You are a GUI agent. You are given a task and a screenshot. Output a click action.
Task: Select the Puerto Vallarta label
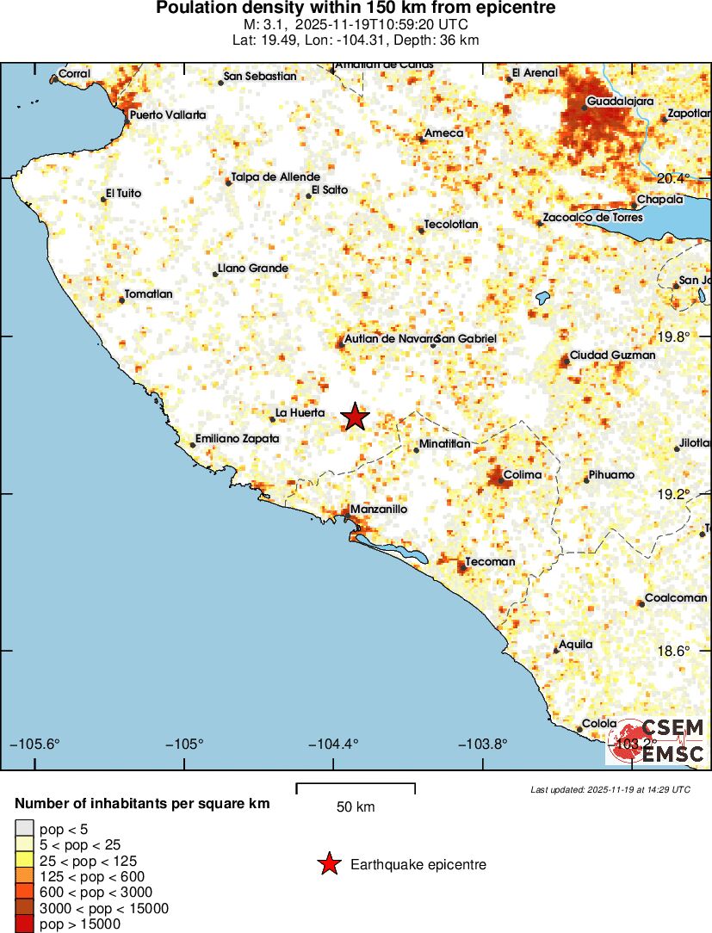(168, 114)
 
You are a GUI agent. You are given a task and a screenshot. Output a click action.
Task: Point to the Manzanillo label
(379, 510)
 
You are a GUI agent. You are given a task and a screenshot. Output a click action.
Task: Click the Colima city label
(523, 474)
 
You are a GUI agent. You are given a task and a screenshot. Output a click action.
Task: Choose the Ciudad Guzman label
(612, 355)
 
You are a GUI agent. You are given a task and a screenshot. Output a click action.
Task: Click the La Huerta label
(300, 413)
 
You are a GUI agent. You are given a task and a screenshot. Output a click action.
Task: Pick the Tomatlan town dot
(121, 300)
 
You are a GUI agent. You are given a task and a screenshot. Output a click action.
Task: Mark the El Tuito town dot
(103, 199)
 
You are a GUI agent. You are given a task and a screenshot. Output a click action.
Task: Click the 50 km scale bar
(356, 788)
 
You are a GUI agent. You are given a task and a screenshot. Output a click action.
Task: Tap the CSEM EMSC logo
(657, 741)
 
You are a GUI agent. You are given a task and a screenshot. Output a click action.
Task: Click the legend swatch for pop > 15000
(23, 924)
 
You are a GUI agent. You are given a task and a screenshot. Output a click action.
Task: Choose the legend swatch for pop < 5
(23, 829)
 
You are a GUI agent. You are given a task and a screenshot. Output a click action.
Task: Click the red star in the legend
(329, 864)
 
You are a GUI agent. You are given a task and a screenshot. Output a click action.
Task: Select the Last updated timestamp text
(610, 789)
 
